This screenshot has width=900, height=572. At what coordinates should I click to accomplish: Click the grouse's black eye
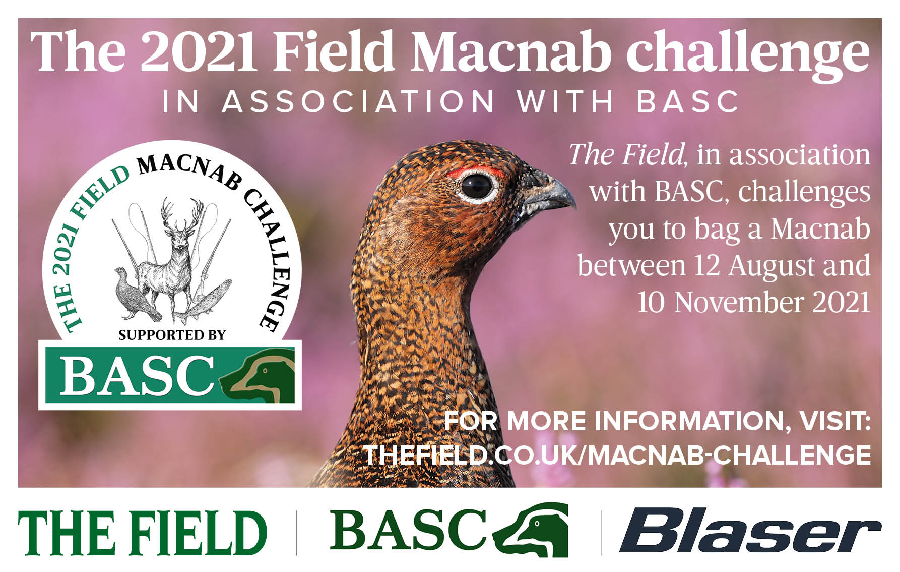[476, 186]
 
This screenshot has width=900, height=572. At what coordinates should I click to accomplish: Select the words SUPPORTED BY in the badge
[172, 335]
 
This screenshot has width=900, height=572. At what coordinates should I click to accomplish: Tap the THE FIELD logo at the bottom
[143, 533]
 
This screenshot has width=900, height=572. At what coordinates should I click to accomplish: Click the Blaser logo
[750, 531]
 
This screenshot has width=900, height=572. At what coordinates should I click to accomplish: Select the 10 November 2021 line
[754, 303]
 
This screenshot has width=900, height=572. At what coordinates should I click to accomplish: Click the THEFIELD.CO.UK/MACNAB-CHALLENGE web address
[617, 455]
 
